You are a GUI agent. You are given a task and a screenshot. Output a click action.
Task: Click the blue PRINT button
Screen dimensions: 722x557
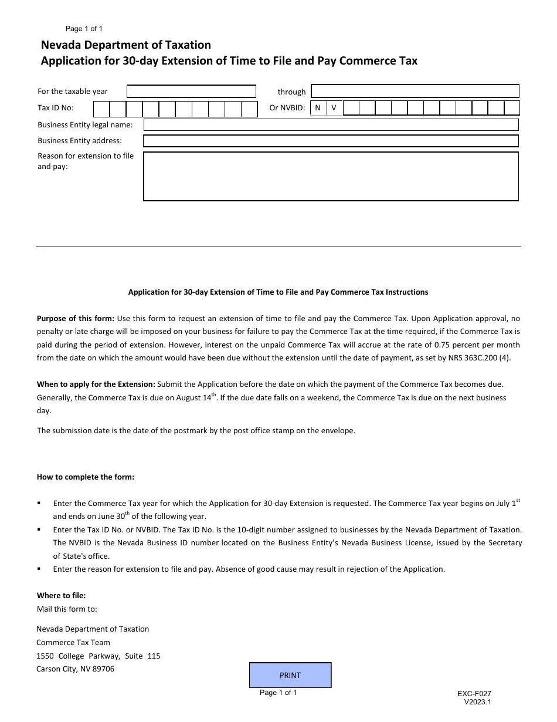[290, 675]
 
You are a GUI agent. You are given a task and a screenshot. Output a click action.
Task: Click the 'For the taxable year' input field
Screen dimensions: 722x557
[191, 92]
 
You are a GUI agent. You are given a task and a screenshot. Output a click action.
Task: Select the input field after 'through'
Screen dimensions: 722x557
[415, 92]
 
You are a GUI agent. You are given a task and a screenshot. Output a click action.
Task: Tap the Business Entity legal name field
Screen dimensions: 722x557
[331, 125]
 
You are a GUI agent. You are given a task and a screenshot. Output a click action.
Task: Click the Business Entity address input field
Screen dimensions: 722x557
[331, 141]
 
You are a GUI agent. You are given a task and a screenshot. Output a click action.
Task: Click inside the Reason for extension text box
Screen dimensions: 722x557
[331, 176]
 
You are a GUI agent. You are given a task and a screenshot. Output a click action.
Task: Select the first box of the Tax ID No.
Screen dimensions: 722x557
[101, 109]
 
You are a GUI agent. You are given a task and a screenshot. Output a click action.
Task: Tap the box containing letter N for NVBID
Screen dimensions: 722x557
[318, 108]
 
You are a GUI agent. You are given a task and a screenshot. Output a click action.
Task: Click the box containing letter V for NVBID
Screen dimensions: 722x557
[334, 108]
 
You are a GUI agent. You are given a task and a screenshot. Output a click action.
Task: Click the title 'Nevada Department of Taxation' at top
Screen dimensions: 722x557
[125, 45]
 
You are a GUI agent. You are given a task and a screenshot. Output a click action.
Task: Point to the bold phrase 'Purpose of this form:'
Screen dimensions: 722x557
[76, 319]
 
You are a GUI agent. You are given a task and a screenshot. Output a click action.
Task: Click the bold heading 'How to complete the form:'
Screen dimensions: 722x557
[86, 477]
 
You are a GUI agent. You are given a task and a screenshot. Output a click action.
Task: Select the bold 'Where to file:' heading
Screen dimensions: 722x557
[61, 596]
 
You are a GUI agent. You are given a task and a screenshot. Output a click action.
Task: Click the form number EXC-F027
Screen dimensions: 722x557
[474, 694]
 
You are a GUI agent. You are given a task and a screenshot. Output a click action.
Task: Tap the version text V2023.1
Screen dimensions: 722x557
[477, 702]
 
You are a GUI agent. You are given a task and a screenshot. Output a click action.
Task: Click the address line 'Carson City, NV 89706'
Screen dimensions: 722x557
[75, 669]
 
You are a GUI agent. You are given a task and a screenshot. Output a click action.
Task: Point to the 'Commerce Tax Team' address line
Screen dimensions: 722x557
[73, 642]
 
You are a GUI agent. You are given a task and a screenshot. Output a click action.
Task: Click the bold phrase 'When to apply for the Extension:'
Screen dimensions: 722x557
[96, 384]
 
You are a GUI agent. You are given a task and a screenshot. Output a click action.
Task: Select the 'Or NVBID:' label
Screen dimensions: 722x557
[287, 108]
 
